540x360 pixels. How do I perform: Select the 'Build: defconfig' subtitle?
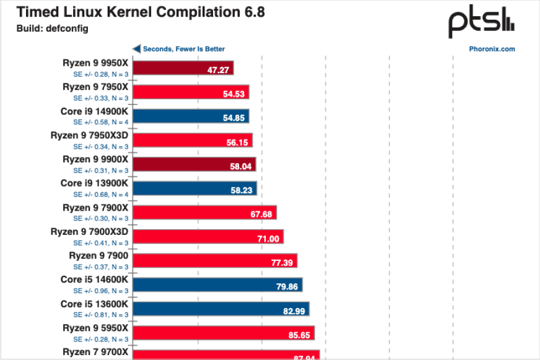pyautogui.click(x=53, y=29)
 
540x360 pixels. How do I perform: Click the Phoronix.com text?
pyautogui.click(x=492, y=49)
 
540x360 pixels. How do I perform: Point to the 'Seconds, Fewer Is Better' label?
pyautogui.click(x=184, y=49)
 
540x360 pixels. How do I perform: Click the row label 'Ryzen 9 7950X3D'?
pyautogui.click(x=90, y=135)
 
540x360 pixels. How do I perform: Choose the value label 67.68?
pyautogui.click(x=260, y=214)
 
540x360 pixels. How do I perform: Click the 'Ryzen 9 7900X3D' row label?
pyautogui.click(x=90, y=232)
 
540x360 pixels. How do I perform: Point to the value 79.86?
pyautogui.click(x=286, y=286)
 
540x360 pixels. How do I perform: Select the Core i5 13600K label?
pyautogui.click(x=94, y=304)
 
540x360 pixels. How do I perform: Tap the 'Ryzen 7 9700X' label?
pyautogui.click(x=95, y=352)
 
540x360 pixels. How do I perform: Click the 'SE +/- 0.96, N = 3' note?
pyautogui.click(x=101, y=291)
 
